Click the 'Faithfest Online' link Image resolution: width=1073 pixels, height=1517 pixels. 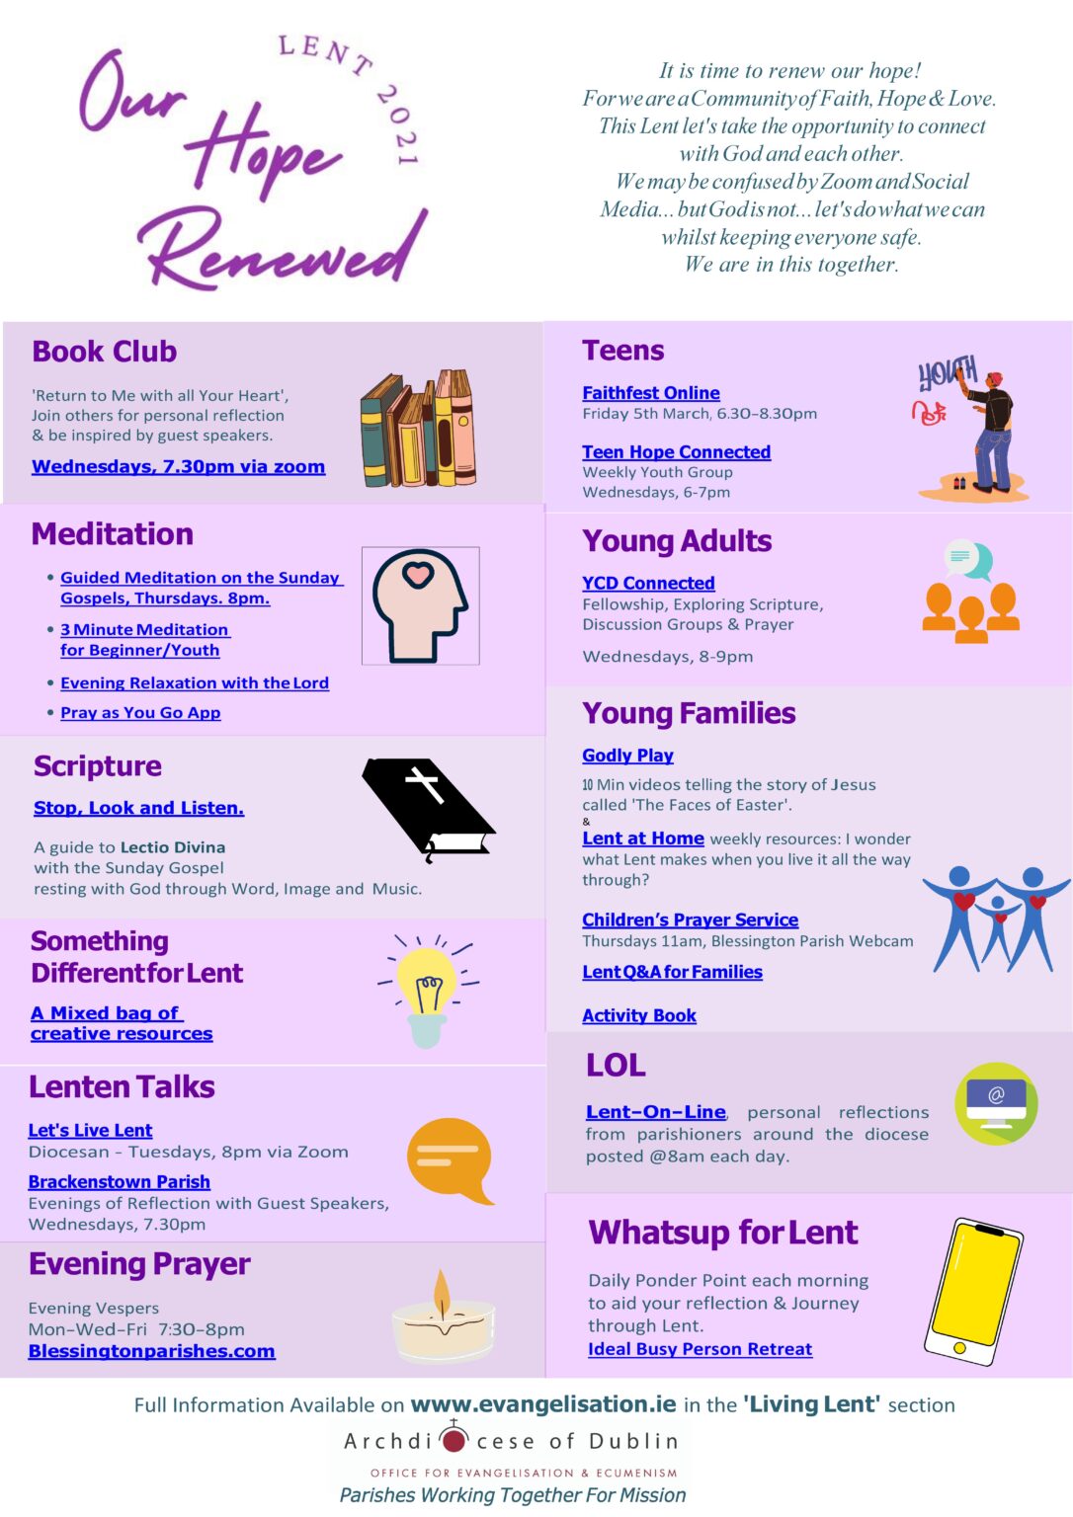click(650, 393)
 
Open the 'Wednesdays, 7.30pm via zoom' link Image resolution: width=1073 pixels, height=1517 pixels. click(178, 467)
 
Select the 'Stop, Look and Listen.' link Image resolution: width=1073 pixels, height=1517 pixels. click(138, 808)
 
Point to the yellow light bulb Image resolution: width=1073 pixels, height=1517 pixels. click(427, 988)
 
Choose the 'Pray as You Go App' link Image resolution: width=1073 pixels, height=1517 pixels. click(140, 713)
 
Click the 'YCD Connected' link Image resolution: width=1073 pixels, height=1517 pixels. click(648, 584)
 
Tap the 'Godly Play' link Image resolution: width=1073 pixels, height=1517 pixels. click(627, 756)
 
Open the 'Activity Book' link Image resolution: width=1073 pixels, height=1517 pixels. click(639, 1016)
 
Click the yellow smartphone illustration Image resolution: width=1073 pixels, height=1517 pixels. click(973, 1292)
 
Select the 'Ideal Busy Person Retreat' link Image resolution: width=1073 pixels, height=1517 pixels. click(700, 1349)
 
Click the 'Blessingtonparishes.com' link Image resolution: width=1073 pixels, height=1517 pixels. click(151, 1351)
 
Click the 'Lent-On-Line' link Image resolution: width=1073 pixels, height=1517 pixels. click(656, 1112)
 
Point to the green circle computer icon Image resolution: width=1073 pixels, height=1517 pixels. click(996, 1103)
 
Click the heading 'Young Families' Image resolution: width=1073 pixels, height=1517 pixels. click(689, 713)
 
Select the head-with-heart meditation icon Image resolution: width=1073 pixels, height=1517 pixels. click(420, 605)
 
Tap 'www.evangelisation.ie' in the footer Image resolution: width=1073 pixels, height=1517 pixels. click(543, 1404)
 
